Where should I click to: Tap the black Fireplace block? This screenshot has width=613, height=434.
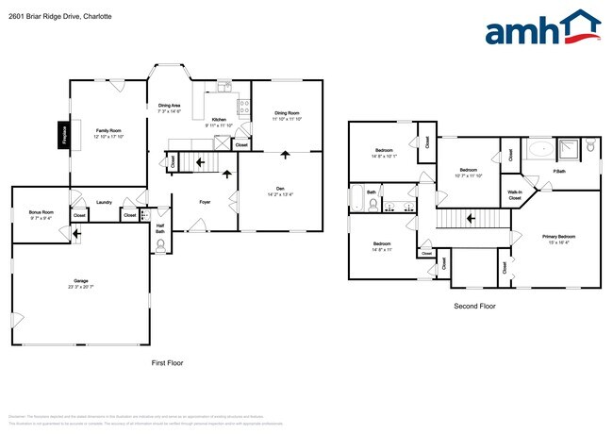(64, 134)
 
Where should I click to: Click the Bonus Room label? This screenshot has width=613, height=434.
(41, 212)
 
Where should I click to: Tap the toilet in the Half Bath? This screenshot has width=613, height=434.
(159, 243)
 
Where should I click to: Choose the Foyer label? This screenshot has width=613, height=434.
(205, 202)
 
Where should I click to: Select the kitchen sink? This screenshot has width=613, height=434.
(224, 88)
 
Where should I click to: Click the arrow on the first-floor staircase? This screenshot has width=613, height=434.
(199, 162)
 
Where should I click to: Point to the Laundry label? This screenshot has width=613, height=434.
(104, 202)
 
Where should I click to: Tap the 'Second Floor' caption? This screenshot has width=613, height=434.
(474, 306)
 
